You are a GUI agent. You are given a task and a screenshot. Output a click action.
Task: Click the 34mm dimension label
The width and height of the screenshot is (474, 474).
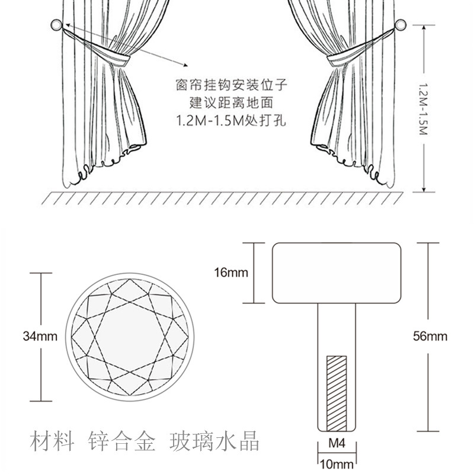(40, 336)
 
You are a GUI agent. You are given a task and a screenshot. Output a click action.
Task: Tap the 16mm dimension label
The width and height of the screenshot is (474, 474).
(231, 273)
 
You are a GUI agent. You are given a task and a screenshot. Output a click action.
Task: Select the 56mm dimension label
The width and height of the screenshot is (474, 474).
(430, 336)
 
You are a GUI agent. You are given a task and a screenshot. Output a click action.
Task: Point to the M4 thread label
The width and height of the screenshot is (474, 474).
(337, 443)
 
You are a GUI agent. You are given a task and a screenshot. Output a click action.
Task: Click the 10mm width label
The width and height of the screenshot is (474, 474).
(337, 464)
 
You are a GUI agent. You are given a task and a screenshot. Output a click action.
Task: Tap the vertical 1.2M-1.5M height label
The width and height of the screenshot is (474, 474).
(424, 109)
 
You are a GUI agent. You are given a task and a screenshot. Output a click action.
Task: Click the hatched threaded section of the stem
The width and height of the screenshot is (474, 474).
(337, 393)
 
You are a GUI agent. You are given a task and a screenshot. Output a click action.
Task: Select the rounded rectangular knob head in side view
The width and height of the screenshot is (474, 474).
(337, 273)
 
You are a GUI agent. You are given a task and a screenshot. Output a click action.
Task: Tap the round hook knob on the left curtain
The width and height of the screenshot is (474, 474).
(56, 25)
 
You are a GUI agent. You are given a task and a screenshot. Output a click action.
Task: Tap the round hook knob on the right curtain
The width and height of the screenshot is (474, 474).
(401, 25)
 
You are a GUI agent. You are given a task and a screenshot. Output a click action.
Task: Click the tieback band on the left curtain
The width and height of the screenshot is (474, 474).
(120, 59)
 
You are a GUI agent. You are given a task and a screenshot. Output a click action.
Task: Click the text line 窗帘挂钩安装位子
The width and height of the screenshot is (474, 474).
(231, 85)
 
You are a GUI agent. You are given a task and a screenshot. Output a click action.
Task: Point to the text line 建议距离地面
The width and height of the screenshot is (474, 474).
(231, 103)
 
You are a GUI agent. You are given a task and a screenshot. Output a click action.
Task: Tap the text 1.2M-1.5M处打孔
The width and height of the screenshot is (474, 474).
(231, 120)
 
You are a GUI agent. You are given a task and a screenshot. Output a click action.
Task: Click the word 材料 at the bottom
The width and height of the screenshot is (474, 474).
(52, 441)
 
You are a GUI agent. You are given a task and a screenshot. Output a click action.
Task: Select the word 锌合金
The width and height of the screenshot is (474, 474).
(121, 441)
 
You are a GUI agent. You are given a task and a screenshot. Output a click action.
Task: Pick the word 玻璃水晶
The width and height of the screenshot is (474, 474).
(214, 441)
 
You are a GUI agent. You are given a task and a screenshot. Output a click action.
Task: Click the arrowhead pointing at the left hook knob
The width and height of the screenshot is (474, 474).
(68, 25)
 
